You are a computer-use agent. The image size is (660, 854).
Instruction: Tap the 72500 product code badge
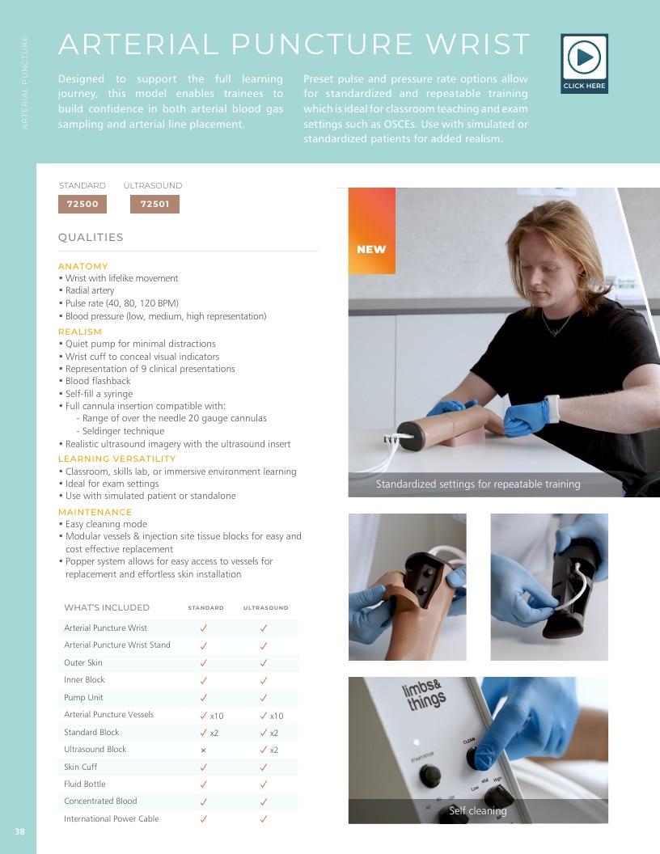82,205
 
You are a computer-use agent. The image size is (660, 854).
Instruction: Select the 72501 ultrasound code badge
154,205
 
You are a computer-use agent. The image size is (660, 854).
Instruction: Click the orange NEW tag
372,231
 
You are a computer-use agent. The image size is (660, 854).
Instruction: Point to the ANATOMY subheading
82,266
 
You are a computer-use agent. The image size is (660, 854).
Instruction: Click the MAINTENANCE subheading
95,512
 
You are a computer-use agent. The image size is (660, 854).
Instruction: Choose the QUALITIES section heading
91,238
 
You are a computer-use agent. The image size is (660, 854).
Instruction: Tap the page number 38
19,831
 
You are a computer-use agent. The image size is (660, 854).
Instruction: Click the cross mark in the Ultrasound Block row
203,750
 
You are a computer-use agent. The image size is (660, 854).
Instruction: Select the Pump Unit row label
83,697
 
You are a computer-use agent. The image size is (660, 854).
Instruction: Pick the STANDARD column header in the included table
205,608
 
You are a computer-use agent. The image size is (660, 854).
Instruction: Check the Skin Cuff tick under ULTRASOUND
264,767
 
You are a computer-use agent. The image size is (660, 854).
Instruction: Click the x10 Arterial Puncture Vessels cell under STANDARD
212,716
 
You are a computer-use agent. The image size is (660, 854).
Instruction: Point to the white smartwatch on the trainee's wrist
552,408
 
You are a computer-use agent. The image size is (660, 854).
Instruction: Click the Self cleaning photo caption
477,811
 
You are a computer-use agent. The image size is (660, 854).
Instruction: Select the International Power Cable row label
111,818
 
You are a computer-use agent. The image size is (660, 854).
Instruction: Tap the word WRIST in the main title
478,44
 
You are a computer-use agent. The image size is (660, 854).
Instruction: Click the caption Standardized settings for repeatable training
478,484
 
